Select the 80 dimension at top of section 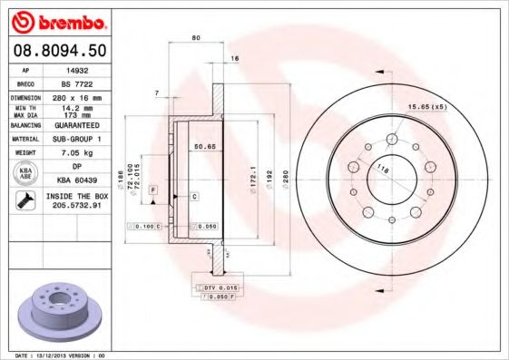(x=195, y=38)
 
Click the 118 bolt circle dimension (x=383, y=169)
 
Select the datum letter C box (x=194, y=196)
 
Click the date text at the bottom (x=55, y=355)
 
